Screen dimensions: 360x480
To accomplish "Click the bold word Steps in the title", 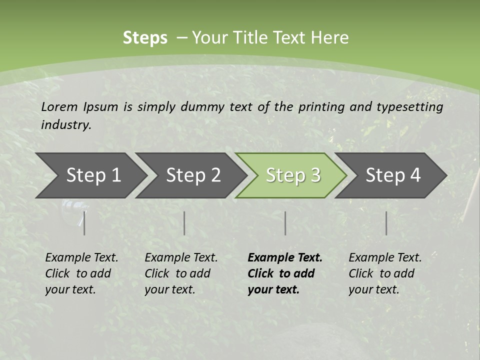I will (x=145, y=38).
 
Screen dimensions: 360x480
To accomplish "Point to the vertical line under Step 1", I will (x=84, y=223).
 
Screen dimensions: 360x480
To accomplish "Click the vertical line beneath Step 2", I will (x=184, y=223).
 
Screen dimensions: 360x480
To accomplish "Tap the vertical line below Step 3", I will (x=285, y=223).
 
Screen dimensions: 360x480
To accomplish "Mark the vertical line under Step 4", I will (x=386, y=223).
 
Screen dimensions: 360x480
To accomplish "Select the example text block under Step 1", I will (x=81, y=273).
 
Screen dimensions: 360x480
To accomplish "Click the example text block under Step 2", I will (x=181, y=273).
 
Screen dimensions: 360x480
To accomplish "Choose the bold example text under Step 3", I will (x=285, y=273).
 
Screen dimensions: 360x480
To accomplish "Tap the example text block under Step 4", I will (x=385, y=273).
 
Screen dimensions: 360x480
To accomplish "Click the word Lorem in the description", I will (x=59, y=107).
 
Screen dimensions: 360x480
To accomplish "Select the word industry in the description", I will (x=66, y=125).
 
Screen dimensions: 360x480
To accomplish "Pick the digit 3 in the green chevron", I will (x=315, y=175).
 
